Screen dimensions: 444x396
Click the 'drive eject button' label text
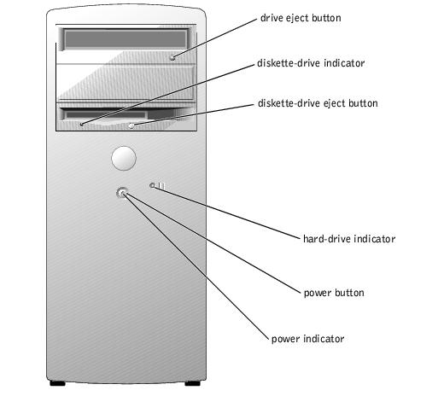301,18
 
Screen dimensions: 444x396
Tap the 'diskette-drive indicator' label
311,63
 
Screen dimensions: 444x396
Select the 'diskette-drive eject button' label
318,103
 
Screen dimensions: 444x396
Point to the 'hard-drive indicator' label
349,239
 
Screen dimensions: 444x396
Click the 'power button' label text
334,293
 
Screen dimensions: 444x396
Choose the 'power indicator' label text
307,339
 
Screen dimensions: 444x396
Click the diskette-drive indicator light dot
82,124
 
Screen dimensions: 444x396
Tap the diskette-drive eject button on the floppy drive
131,125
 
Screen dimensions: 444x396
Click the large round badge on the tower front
124,158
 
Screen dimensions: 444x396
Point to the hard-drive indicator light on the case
152,185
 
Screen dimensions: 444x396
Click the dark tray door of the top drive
126,39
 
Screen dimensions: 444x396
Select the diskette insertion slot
106,115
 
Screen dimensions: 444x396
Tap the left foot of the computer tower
57,383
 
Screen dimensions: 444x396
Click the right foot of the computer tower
193,383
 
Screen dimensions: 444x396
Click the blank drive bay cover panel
126,83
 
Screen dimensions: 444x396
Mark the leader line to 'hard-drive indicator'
227,213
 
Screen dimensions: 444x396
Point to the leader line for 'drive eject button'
215,38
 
